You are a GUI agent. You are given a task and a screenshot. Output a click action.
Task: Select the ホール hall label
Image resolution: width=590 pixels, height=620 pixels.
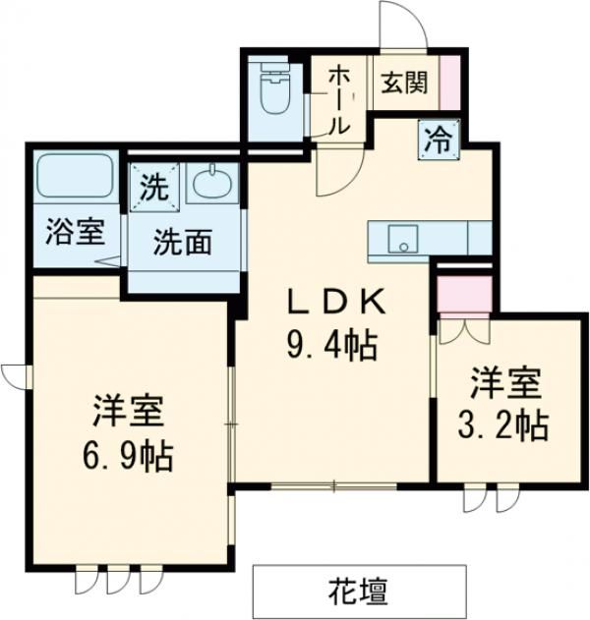[337, 98]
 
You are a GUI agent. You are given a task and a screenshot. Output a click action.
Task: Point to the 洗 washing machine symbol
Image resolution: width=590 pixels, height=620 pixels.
[152, 185]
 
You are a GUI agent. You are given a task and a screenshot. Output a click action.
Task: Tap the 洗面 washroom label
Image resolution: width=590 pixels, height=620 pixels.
[182, 243]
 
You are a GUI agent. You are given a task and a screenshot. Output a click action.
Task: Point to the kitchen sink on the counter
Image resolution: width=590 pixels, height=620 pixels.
[401, 239]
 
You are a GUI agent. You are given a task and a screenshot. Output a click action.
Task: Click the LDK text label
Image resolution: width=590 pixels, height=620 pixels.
[330, 302]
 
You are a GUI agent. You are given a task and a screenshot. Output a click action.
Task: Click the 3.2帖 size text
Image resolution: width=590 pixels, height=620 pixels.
[502, 423]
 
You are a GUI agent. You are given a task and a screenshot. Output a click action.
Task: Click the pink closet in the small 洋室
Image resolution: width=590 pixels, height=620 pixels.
[463, 293]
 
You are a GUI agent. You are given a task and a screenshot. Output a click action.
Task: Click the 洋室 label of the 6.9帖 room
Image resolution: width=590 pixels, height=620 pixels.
[128, 411]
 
